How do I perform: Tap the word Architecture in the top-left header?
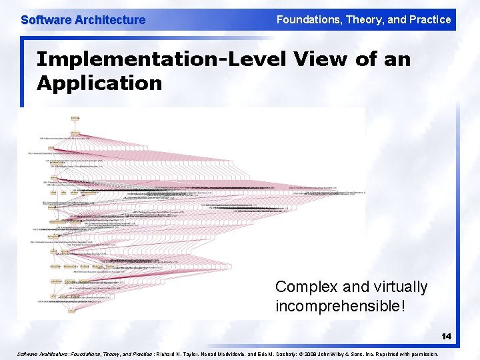(x=109, y=20)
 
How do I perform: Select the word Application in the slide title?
(x=99, y=83)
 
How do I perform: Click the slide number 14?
(x=446, y=337)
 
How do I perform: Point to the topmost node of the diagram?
(x=75, y=118)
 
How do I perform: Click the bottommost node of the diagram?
(x=71, y=311)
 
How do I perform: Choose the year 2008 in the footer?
(x=329, y=354)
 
